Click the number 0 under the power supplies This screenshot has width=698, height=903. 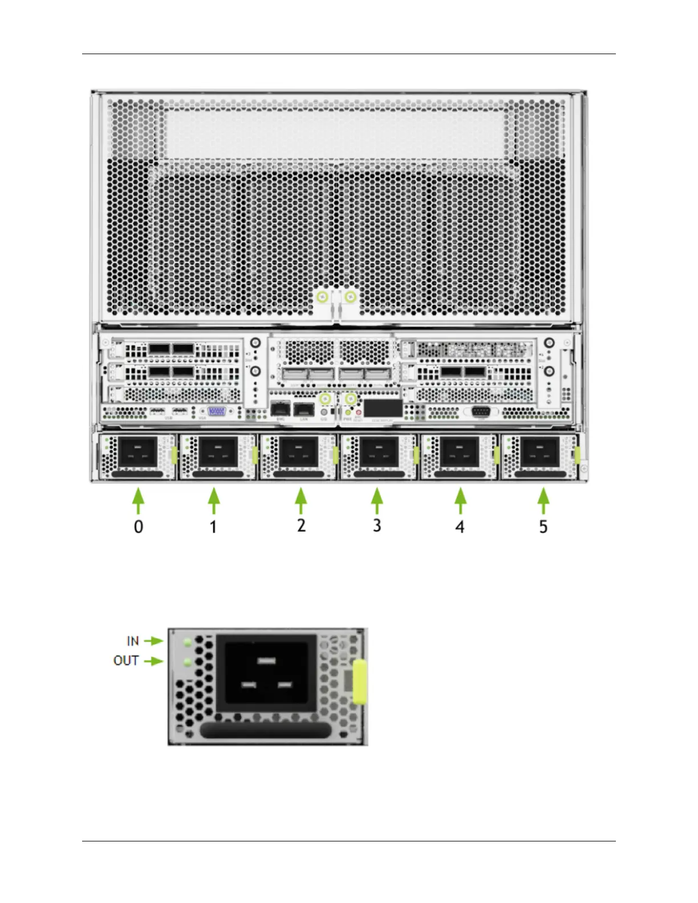click(139, 526)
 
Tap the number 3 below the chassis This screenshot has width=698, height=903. click(377, 525)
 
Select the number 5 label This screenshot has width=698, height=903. click(543, 526)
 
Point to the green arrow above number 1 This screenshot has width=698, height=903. click(214, 502)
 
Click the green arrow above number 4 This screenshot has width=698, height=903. click(460, 502)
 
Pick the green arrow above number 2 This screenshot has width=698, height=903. click(301, 502)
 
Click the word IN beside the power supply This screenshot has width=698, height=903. click(133, 641)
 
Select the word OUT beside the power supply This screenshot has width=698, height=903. click(126, 660)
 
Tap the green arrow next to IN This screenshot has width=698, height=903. click(153, 641)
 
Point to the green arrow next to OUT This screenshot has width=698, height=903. click(153, 661)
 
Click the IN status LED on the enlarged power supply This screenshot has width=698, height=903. click(187, 643)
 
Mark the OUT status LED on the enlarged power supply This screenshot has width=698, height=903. click(187, 662)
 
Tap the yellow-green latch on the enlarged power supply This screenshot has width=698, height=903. click(359, 682)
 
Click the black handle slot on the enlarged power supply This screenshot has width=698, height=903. click(265, 731)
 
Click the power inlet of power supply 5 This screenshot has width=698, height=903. click(539, 452)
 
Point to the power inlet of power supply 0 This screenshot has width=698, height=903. click(137, 452)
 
